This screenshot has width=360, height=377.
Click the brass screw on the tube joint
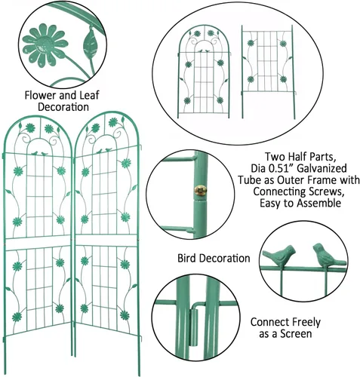(x=200, y=191)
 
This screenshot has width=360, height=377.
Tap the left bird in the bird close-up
(x=279, y=255)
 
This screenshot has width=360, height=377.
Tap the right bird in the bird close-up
(x=328, y=255)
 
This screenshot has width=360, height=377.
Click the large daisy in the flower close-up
(x=45, y=45)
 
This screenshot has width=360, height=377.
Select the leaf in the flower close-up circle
(x=90, y=43)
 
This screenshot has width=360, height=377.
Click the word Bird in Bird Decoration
(x=186, y=259)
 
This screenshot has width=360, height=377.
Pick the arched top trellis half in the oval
(x=204, y=72)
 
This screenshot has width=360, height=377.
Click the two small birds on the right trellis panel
(x=104, y=151)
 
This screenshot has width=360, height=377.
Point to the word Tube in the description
(x=248, y=180)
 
